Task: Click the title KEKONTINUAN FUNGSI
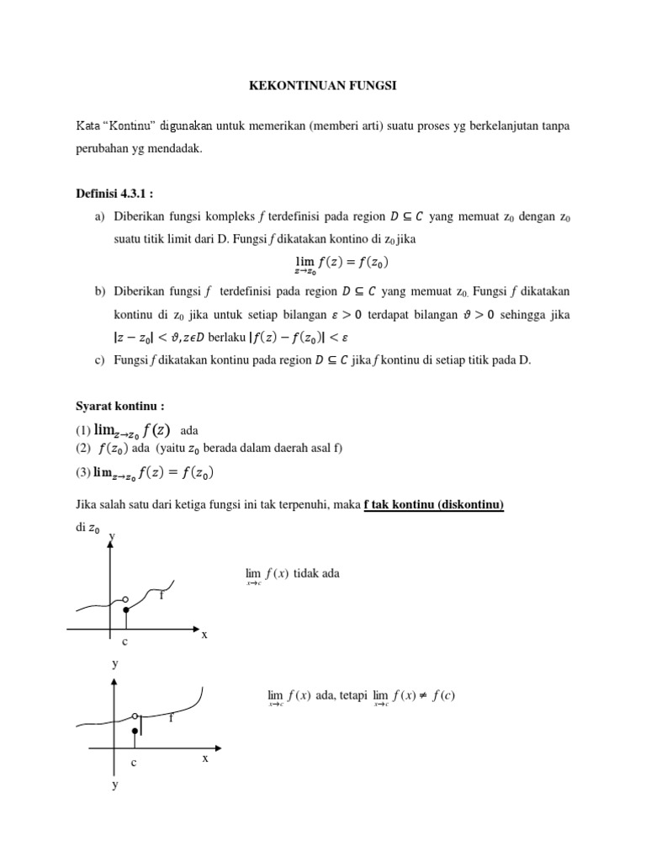pos(322,85)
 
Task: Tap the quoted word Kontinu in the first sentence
pos(130,126)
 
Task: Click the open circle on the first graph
pos(125,599)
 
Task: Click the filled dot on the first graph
pos(125,609)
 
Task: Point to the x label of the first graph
pos(204,634)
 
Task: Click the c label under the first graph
pos(124,642)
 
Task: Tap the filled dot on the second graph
pos(135,732)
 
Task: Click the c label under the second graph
pos(133,763)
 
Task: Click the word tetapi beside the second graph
pos(353,695)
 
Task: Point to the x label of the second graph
pos(204,758)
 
